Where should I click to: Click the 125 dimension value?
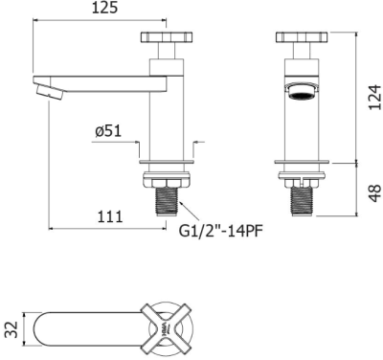(x=105, y=9)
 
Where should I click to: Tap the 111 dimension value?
(x=109, y=217)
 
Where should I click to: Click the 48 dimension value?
(x=374, y=193)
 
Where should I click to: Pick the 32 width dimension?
(x=11, y=329)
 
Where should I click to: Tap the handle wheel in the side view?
(x=167, y=36)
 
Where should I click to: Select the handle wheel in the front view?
(x=302, y=36)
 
